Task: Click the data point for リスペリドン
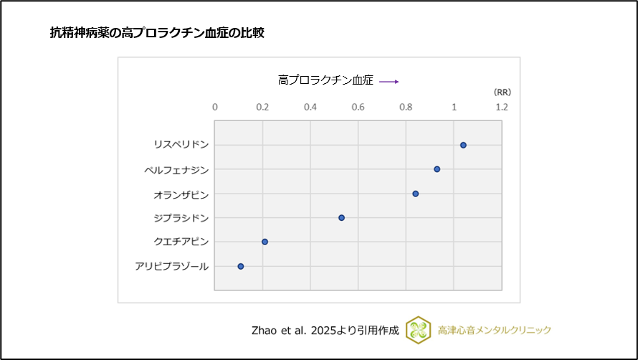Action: click(x=463, y=145)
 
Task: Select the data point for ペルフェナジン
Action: click(x=437, y=169)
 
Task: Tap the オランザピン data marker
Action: click(x=415, y=194)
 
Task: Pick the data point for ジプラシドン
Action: click(x=341, y=217)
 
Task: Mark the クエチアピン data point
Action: click(x=265, y=242)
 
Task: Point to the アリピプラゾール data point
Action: click(x=241, y=266)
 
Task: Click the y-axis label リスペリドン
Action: click(x=181, y=145)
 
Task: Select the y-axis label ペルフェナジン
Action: click(x=176, y=170)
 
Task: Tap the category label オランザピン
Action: click(x=181, y=194)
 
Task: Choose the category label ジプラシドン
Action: click(x=181, y=218)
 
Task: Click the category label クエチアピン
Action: click(x=181, y=242)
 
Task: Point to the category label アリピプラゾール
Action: click(x=171, y=267)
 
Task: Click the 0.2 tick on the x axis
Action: click(x=262, y=107)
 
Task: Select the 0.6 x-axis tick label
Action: click(x=358, y=107)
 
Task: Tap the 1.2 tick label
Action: click(x=501, y=107)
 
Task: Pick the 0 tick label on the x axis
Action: click(x=215, y=107)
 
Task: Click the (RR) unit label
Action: click(x=502, y=93)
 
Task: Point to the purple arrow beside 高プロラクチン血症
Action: click(x=389, y=82)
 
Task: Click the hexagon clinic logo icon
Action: click(x=418, y=330)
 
